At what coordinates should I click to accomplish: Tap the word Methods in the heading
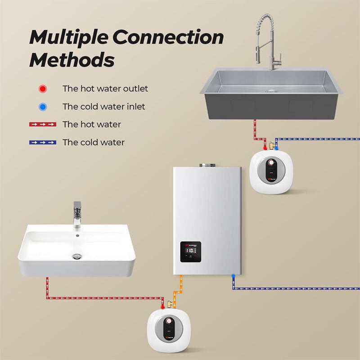[x=72, y=59]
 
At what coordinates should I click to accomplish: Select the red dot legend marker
[x=42, y=89]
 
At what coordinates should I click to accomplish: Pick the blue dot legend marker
[x=42, y=107]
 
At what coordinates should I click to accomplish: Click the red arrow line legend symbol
[x=42, y=124]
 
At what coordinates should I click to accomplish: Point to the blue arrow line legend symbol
[x=42, y=142]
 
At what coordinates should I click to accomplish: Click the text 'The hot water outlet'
[x=105, y=89]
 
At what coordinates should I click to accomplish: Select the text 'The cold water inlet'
[x=103, y=107]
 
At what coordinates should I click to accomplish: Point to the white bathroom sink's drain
[x=77, y=256]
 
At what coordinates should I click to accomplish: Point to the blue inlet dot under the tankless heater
[x=233, y=275]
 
